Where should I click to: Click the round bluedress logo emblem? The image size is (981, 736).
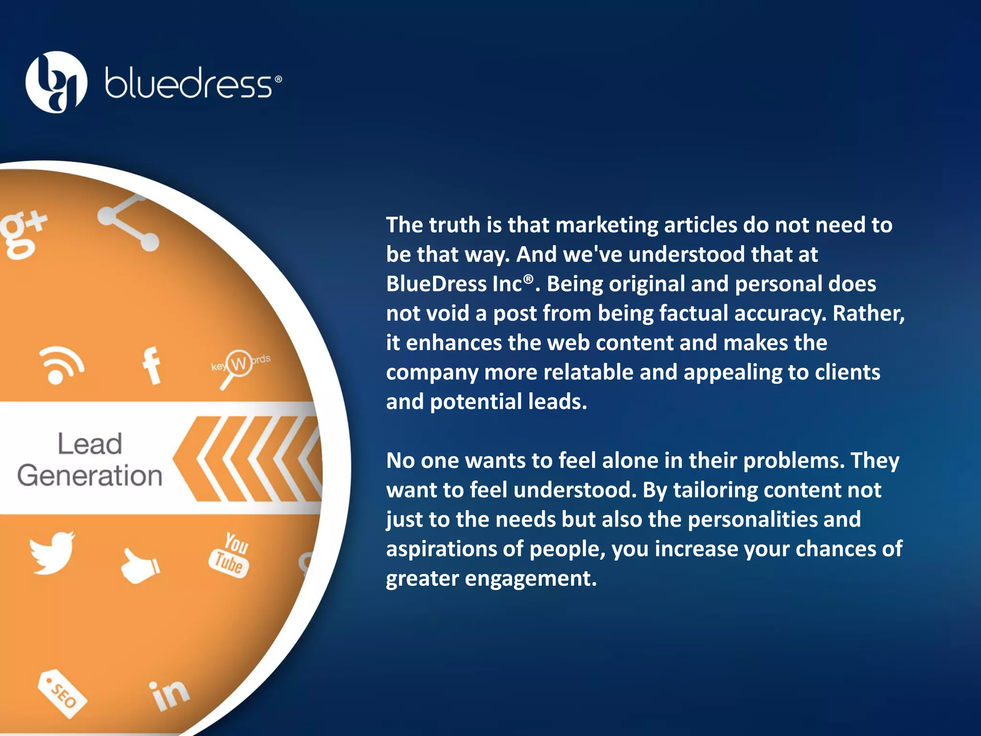[x=56, y=82]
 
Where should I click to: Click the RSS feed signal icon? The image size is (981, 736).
[x=62, y=365]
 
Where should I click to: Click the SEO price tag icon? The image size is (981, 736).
[x=62, y=693]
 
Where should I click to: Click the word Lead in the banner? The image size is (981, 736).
[x=90, y=444]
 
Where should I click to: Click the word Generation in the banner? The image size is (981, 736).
[x=90, y=475]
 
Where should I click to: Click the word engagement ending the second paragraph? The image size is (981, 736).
[x=531, y=578]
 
